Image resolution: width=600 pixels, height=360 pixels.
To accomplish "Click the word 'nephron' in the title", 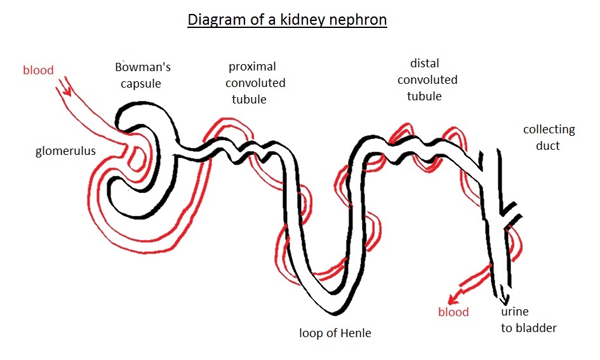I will click(356, 20).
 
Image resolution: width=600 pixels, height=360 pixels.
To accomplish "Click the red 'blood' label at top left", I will click(38, 70).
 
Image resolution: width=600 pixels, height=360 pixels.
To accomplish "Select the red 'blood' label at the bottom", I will click(453, 312).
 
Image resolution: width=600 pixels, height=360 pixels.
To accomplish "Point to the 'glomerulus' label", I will click(66, 151).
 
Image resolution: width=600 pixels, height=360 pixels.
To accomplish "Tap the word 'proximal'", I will click(252, 67).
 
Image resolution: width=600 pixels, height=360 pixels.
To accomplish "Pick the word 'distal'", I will click(425, 63).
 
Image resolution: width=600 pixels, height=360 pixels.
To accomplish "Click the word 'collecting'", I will click(549, 130).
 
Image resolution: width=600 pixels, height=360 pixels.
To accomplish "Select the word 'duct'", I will click(547, 145).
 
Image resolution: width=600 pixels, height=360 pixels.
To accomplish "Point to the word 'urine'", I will click(514, 312).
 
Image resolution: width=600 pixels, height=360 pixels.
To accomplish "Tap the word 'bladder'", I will click(537, 328).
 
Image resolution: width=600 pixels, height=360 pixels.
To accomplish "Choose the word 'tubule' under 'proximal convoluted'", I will click(248, 99).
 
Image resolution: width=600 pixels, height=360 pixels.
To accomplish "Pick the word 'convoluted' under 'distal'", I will click(427, 80).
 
